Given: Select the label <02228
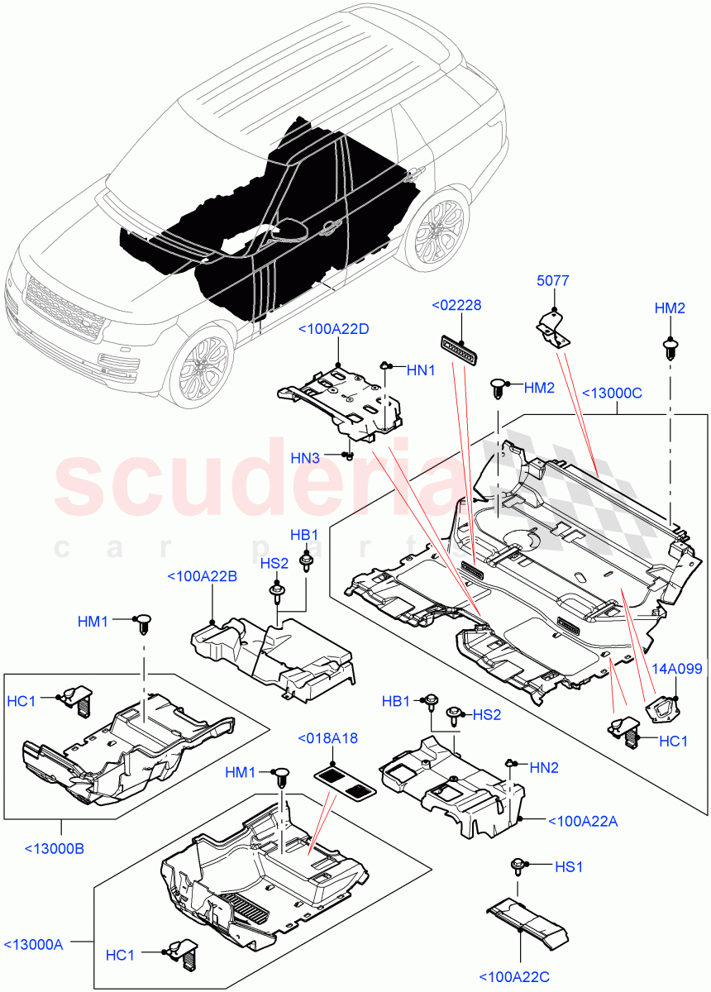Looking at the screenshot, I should [456, 306].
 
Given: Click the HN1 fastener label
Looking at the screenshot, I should [420, 371].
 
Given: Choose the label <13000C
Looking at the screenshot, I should [613, 393].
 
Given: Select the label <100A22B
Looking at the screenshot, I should [202, 576].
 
